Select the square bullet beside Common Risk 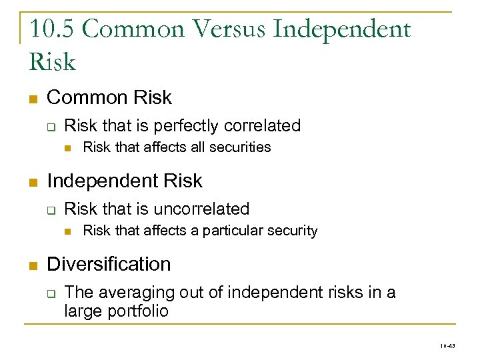32,99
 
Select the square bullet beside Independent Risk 32,182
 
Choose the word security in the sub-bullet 293,231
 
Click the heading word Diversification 109,264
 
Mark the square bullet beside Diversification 32,265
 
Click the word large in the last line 81,311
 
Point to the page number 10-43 447,347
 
